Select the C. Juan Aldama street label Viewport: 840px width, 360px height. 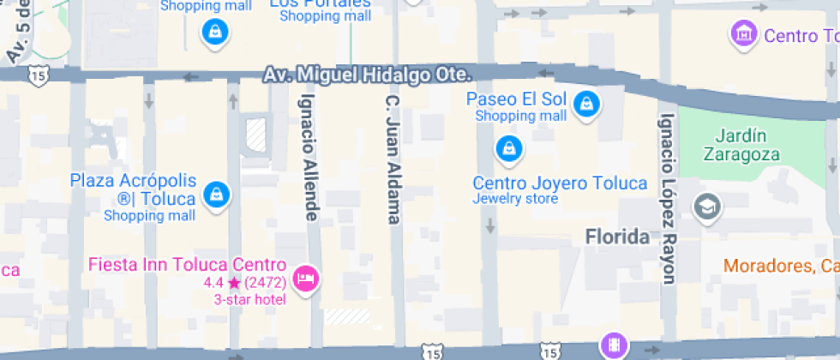393,161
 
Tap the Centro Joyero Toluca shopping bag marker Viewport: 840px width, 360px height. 509,149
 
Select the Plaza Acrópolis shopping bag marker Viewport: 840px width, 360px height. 217,194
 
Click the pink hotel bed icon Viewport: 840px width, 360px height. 305,278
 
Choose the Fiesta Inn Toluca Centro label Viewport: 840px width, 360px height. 186,264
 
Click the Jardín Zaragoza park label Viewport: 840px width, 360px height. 741,145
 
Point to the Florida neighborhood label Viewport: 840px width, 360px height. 617,237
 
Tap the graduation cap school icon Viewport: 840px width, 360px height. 708,207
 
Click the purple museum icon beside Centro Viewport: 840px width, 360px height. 742,34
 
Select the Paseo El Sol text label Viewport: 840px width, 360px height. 515,99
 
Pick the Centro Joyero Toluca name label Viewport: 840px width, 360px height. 560,183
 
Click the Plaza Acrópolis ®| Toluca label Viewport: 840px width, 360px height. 133,189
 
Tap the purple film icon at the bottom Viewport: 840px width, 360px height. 613,345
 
